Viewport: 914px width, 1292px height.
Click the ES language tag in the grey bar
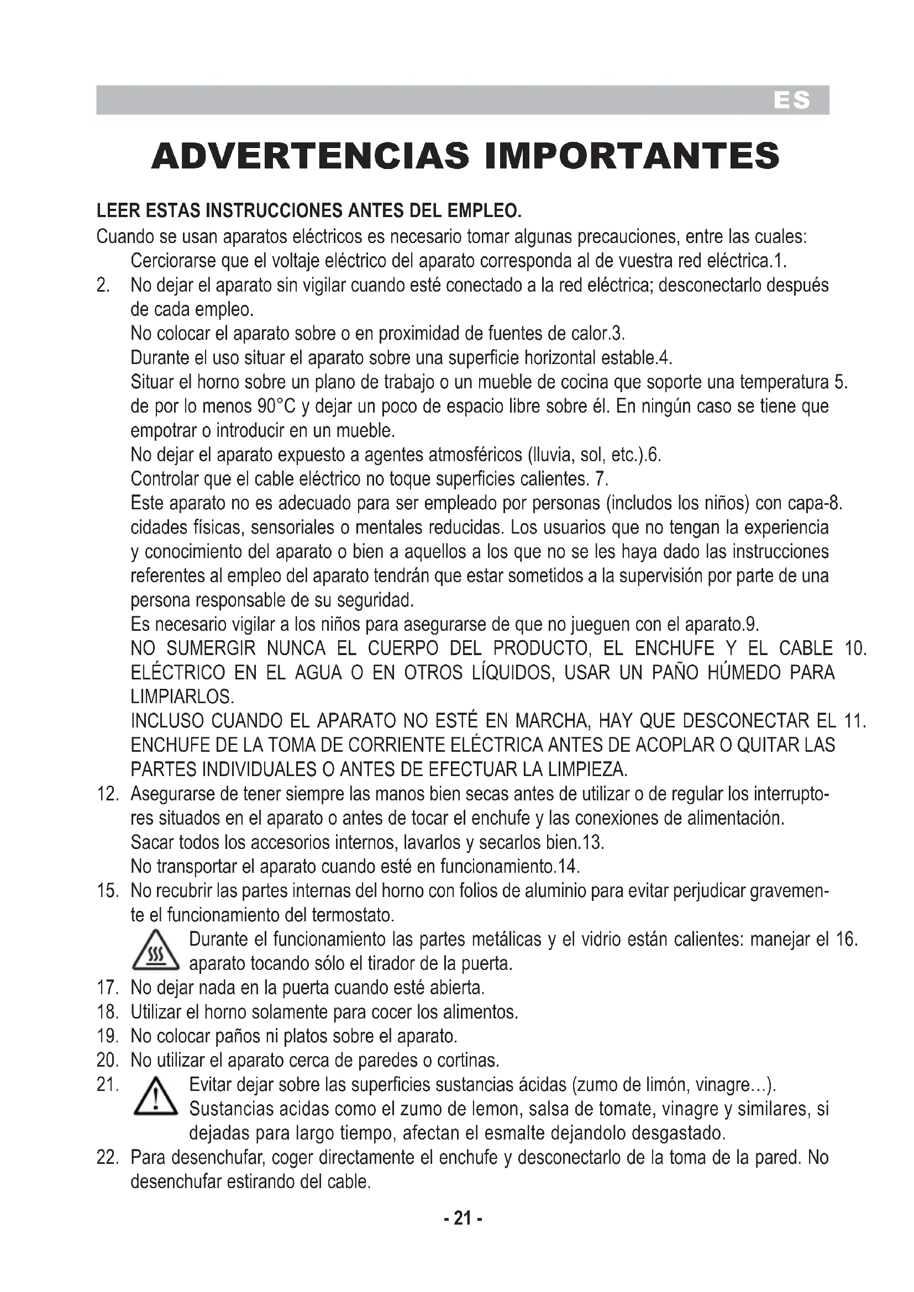coord(792,101)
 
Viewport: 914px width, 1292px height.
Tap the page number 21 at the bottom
coord(463,1219)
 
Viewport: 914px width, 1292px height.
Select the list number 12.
coord(108,794)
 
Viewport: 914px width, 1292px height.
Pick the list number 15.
coord(108,891)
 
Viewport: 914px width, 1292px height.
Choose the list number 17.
coord(108,988)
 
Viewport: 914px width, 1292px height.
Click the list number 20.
coord(108,1060)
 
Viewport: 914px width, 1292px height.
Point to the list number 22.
coord(108,1158)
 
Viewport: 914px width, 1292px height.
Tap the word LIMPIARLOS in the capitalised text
coord(182,697)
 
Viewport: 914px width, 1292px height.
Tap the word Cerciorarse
coord(172,261)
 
